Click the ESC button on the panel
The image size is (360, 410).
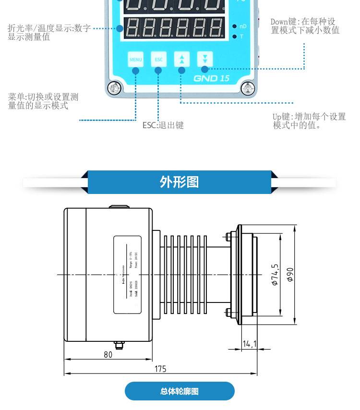(158, 60)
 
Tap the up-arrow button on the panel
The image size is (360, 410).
(181, 60)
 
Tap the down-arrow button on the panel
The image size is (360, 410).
(205, 59)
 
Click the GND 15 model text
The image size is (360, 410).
(211, 78)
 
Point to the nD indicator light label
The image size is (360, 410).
(243, 26)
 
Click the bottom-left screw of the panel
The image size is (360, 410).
(114, 87)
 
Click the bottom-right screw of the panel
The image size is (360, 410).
(248, 87)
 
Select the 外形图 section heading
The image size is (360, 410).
(179, 182)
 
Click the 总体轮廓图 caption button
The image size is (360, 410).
(180, 391)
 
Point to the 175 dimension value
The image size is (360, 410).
(160, 369)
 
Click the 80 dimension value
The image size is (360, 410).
(108, 355)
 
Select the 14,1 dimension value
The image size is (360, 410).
(250, 344)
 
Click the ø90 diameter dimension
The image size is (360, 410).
(290, 274)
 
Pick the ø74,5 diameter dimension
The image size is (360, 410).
(275, 275)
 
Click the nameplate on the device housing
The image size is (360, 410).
(127, 274)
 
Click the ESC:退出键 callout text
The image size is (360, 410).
(163, 125)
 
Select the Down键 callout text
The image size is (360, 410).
(305, 26)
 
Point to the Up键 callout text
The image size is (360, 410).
(309, 121)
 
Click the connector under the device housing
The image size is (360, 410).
(118, 345)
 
